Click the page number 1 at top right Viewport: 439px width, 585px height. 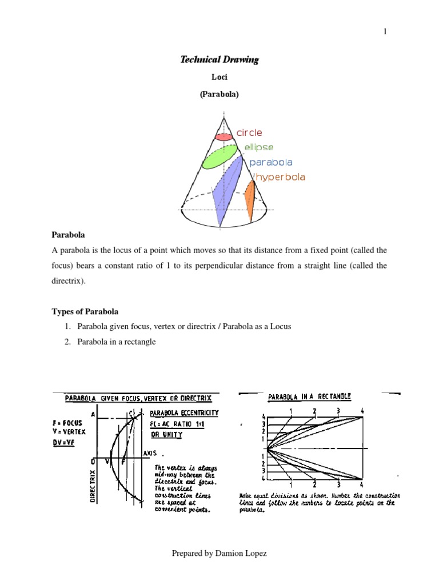(x=385, y=31)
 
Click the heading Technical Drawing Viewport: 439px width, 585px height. (x=219, y=59)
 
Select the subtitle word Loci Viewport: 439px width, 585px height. (x=219, y=77)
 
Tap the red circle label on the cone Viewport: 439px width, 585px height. (x=249, y=133)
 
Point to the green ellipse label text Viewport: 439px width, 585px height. (x=259, y=147)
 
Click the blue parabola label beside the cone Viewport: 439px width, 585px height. (x=271, y=162)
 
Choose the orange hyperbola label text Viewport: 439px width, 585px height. (x=280, y=177)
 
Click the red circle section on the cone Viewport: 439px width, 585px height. (x=224, y=137)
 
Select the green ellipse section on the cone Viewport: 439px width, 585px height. (x=219, y=157)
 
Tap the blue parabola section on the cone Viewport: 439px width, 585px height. (x=225, y=191)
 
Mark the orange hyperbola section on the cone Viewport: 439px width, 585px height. (x=250, y=200)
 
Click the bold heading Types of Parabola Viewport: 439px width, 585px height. (x=85, y=311)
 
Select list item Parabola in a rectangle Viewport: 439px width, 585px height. (x=113, y=342)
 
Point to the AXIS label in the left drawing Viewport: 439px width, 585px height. (x=151, y=451)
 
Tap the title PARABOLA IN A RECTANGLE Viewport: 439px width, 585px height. (x=309, y=396)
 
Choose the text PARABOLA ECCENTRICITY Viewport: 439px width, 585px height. (x=183, y=412)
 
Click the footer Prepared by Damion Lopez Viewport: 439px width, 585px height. (x=219, y=554)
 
